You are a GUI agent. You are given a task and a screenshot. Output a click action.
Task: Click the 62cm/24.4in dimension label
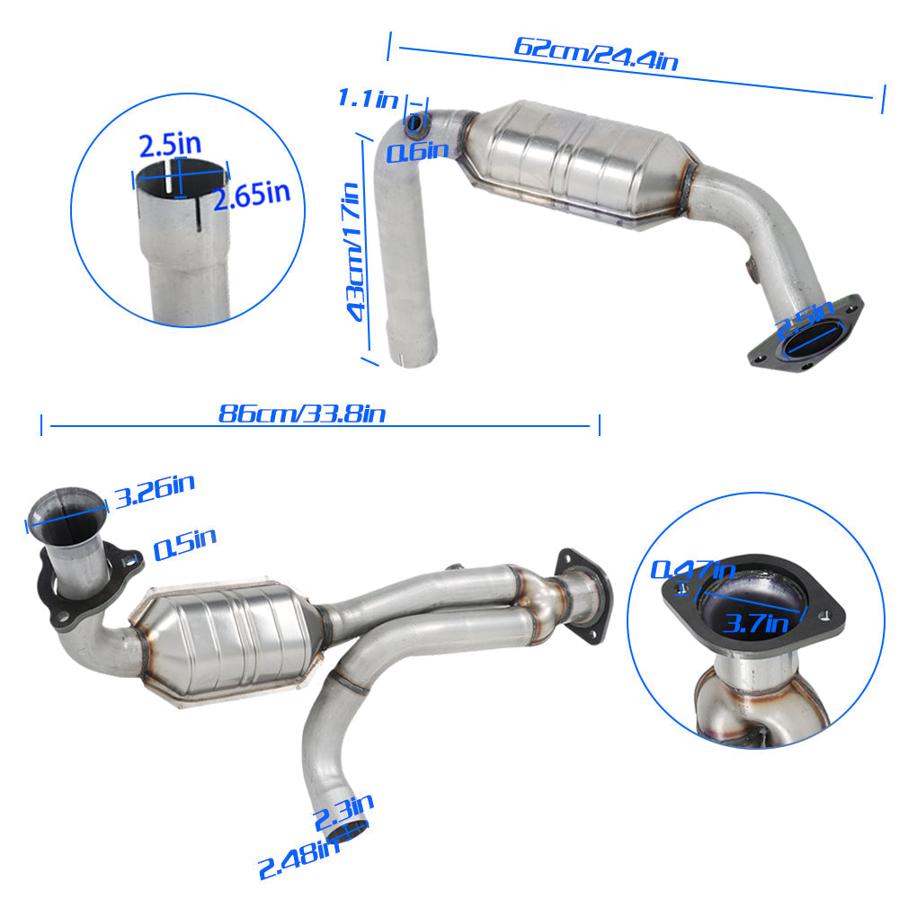(596, 54)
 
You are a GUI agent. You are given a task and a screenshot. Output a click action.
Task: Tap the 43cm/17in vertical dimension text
(354, 252)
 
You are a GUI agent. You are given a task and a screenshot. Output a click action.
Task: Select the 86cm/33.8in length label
(301, 414)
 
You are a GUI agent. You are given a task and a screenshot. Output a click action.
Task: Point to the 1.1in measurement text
(368, 98)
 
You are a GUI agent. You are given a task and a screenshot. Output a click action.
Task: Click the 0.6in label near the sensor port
(417, 151)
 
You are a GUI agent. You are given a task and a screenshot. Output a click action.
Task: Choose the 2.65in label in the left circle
(253, 194)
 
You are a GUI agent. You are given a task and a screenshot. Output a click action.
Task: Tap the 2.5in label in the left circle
(170, 145)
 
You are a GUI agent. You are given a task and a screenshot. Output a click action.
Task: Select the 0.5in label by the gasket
(184, 544)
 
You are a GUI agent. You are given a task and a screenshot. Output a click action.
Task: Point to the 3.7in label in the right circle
(756, 623)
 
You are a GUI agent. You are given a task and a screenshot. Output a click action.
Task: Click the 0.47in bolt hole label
(692, 569)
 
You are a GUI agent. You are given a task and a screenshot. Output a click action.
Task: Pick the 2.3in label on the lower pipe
(344, 812)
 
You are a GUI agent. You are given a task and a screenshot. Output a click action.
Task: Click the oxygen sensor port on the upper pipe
(415, 123)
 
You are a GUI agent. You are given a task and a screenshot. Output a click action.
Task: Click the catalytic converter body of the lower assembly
(227, 641)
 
